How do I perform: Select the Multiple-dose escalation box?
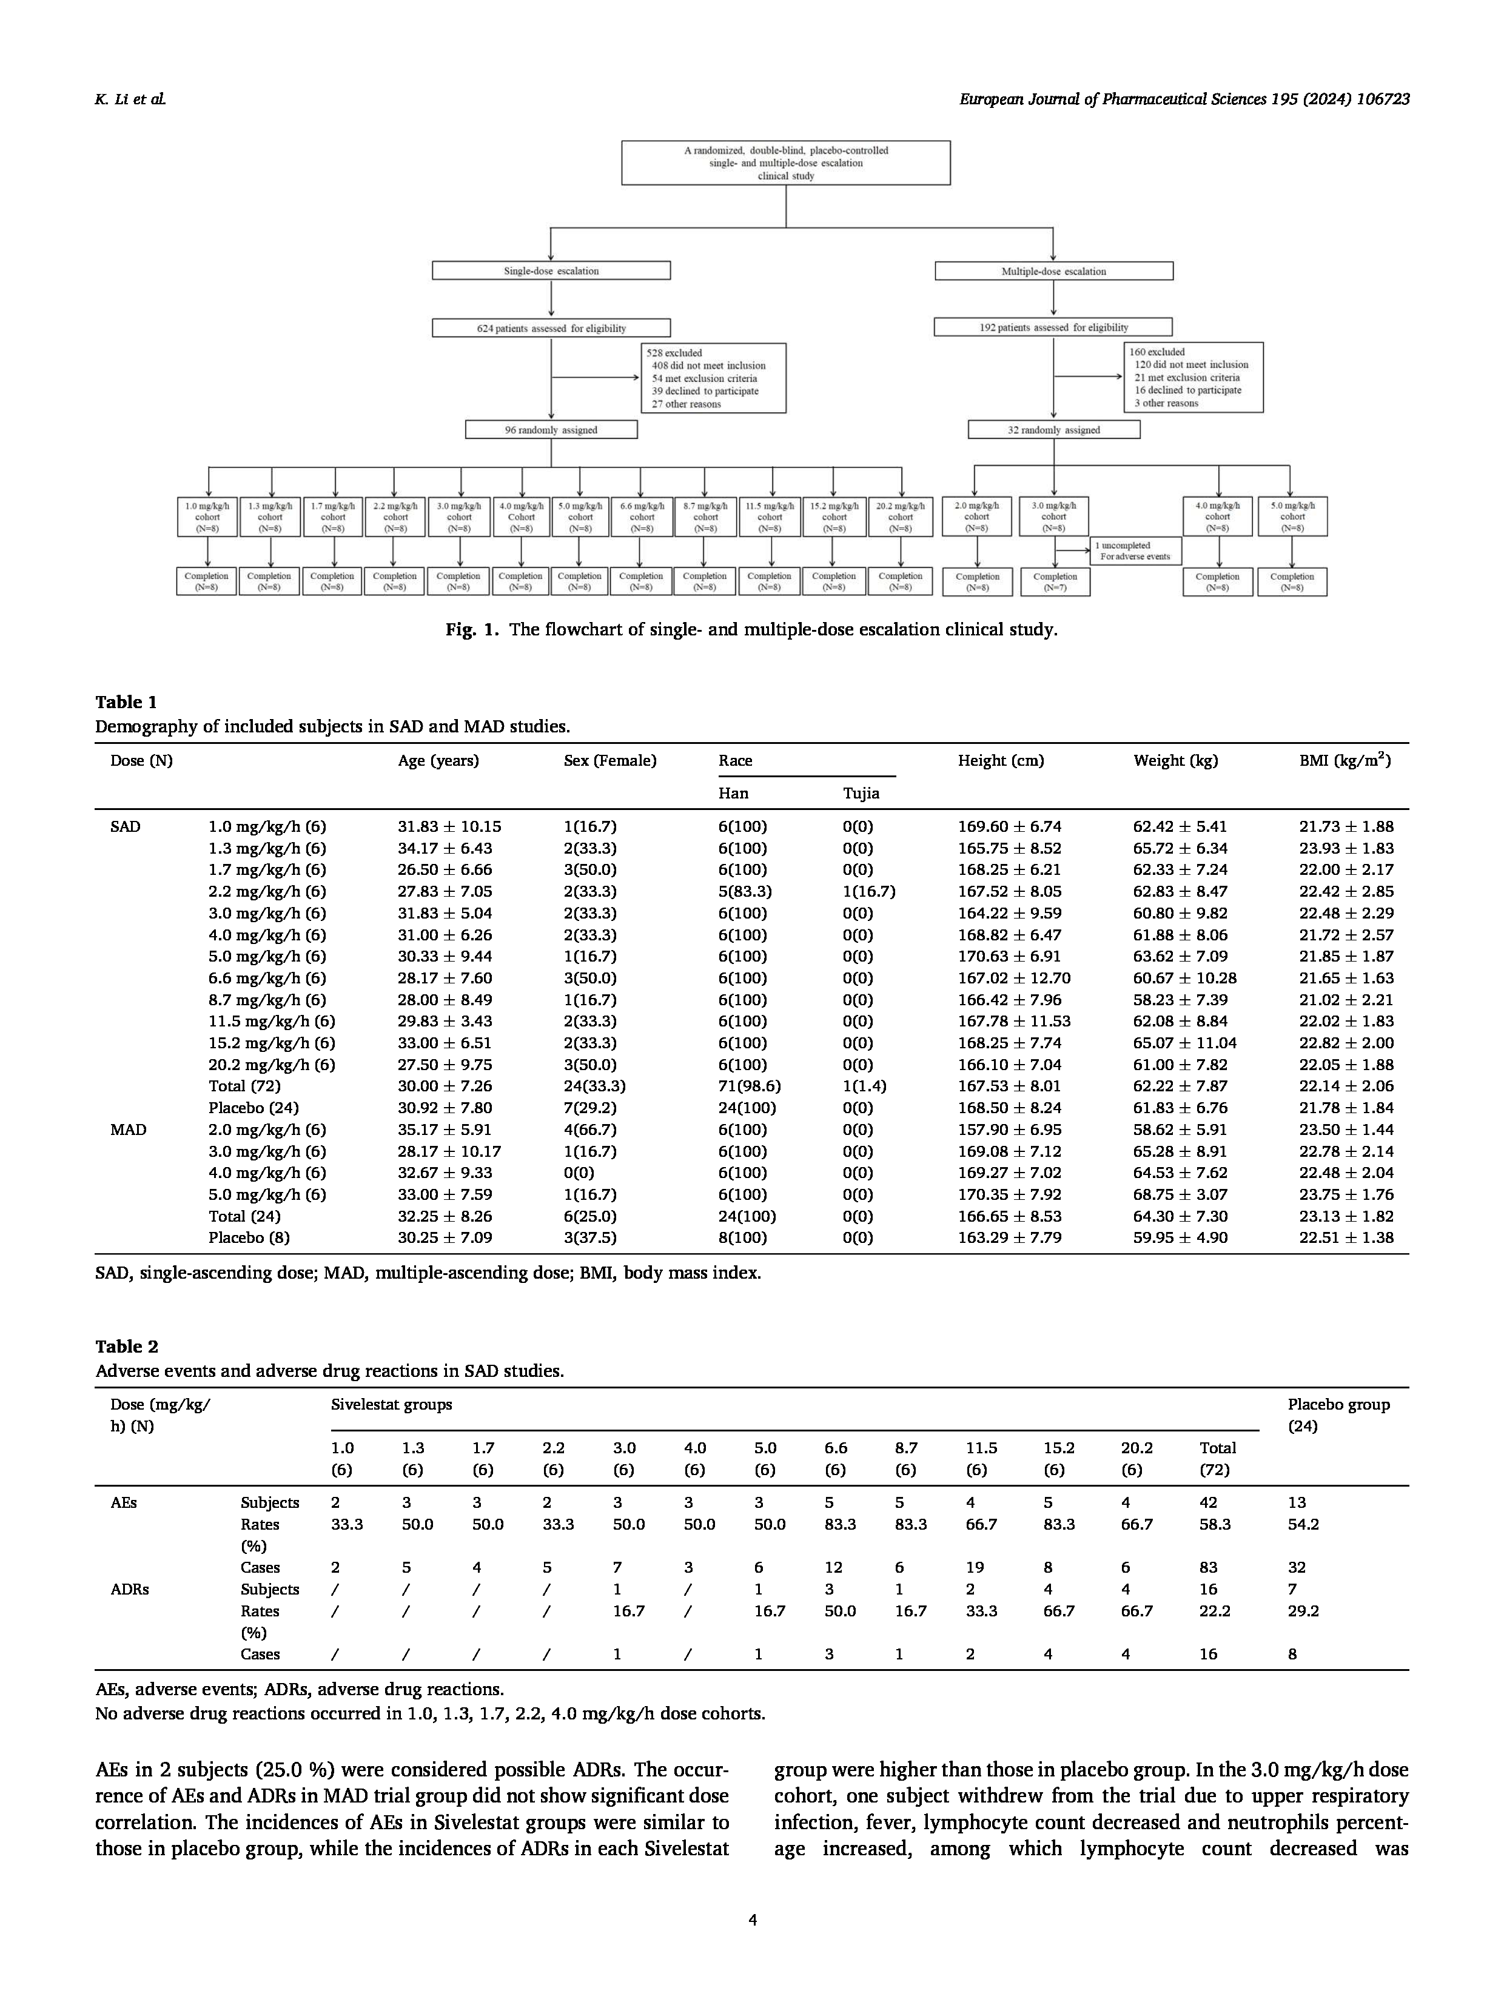click(1053, 271)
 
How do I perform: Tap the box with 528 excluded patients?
click(713, 378)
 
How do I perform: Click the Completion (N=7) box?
click(1055, 582)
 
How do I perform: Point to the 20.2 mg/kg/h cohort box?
click(899, 517)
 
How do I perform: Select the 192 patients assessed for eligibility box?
click(1053, 327)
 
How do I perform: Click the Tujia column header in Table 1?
click(861, 793)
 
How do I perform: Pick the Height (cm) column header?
click(1000, 760)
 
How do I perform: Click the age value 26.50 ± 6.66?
click(444, 869)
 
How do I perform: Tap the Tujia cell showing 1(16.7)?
click(868, 891)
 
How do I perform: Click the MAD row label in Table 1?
click(128, 1130)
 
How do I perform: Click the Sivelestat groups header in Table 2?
click(391, 1404)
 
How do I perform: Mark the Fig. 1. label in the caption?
click(471, 629)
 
